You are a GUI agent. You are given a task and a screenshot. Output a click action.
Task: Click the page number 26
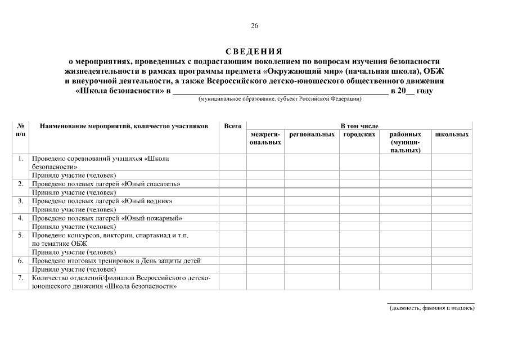pyautogui.click(x=254, y=26)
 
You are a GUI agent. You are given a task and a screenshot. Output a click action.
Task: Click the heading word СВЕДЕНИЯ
pyautogui.click(x=254, y=52)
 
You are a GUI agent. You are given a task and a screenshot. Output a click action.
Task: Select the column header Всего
pyautogui.click(x=233, y=126)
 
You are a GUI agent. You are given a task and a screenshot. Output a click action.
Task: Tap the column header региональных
pyautogui.click(x=312, y=135)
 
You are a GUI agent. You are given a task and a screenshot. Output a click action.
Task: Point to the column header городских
pyautogui.click(x=359, y=135)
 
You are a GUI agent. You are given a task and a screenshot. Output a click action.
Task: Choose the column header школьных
pyautogui.click(x=452, y=135)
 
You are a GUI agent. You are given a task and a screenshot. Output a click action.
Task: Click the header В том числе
pyautogui.click(x=359, y=126)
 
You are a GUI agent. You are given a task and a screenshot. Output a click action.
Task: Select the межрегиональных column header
pyautogui.click(x=265, y=139)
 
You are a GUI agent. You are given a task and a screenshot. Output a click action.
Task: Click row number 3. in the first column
pyautogui.click(x=20, y=201)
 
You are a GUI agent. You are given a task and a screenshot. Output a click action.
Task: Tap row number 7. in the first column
pyautogui.click(x=20, y=278)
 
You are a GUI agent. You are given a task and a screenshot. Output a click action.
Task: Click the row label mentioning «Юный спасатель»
pyautogui.click(x=106, y=184)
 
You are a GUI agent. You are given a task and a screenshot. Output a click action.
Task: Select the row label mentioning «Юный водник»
pyautogui.click(x=102, y=201)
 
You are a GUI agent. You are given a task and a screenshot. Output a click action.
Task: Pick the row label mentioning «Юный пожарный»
pyautogui.click(x=107, y=218)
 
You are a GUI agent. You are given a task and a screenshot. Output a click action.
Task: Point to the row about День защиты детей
pyautogui.click(x=116, y=261)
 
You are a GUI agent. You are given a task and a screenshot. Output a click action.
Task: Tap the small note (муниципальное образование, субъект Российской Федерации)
pyautogui.click(x=280, y=99)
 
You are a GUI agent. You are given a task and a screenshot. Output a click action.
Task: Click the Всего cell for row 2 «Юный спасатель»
pyautogui.click(x=233, y=184)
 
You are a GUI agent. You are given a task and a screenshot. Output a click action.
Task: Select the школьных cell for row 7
pyautogui.click(x=452, y=282)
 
